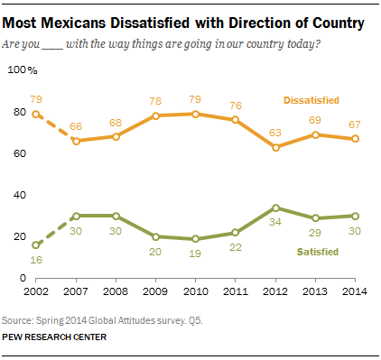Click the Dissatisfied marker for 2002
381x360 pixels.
click(35, 115)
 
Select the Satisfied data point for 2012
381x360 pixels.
click(274, 208)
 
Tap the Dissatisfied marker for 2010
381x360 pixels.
click(194, 114)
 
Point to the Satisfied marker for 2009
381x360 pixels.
click(154, 236)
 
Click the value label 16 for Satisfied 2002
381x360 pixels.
click(35, 261)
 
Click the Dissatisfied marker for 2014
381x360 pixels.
click(354, 139)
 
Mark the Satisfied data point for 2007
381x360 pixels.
click(75, 216)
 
